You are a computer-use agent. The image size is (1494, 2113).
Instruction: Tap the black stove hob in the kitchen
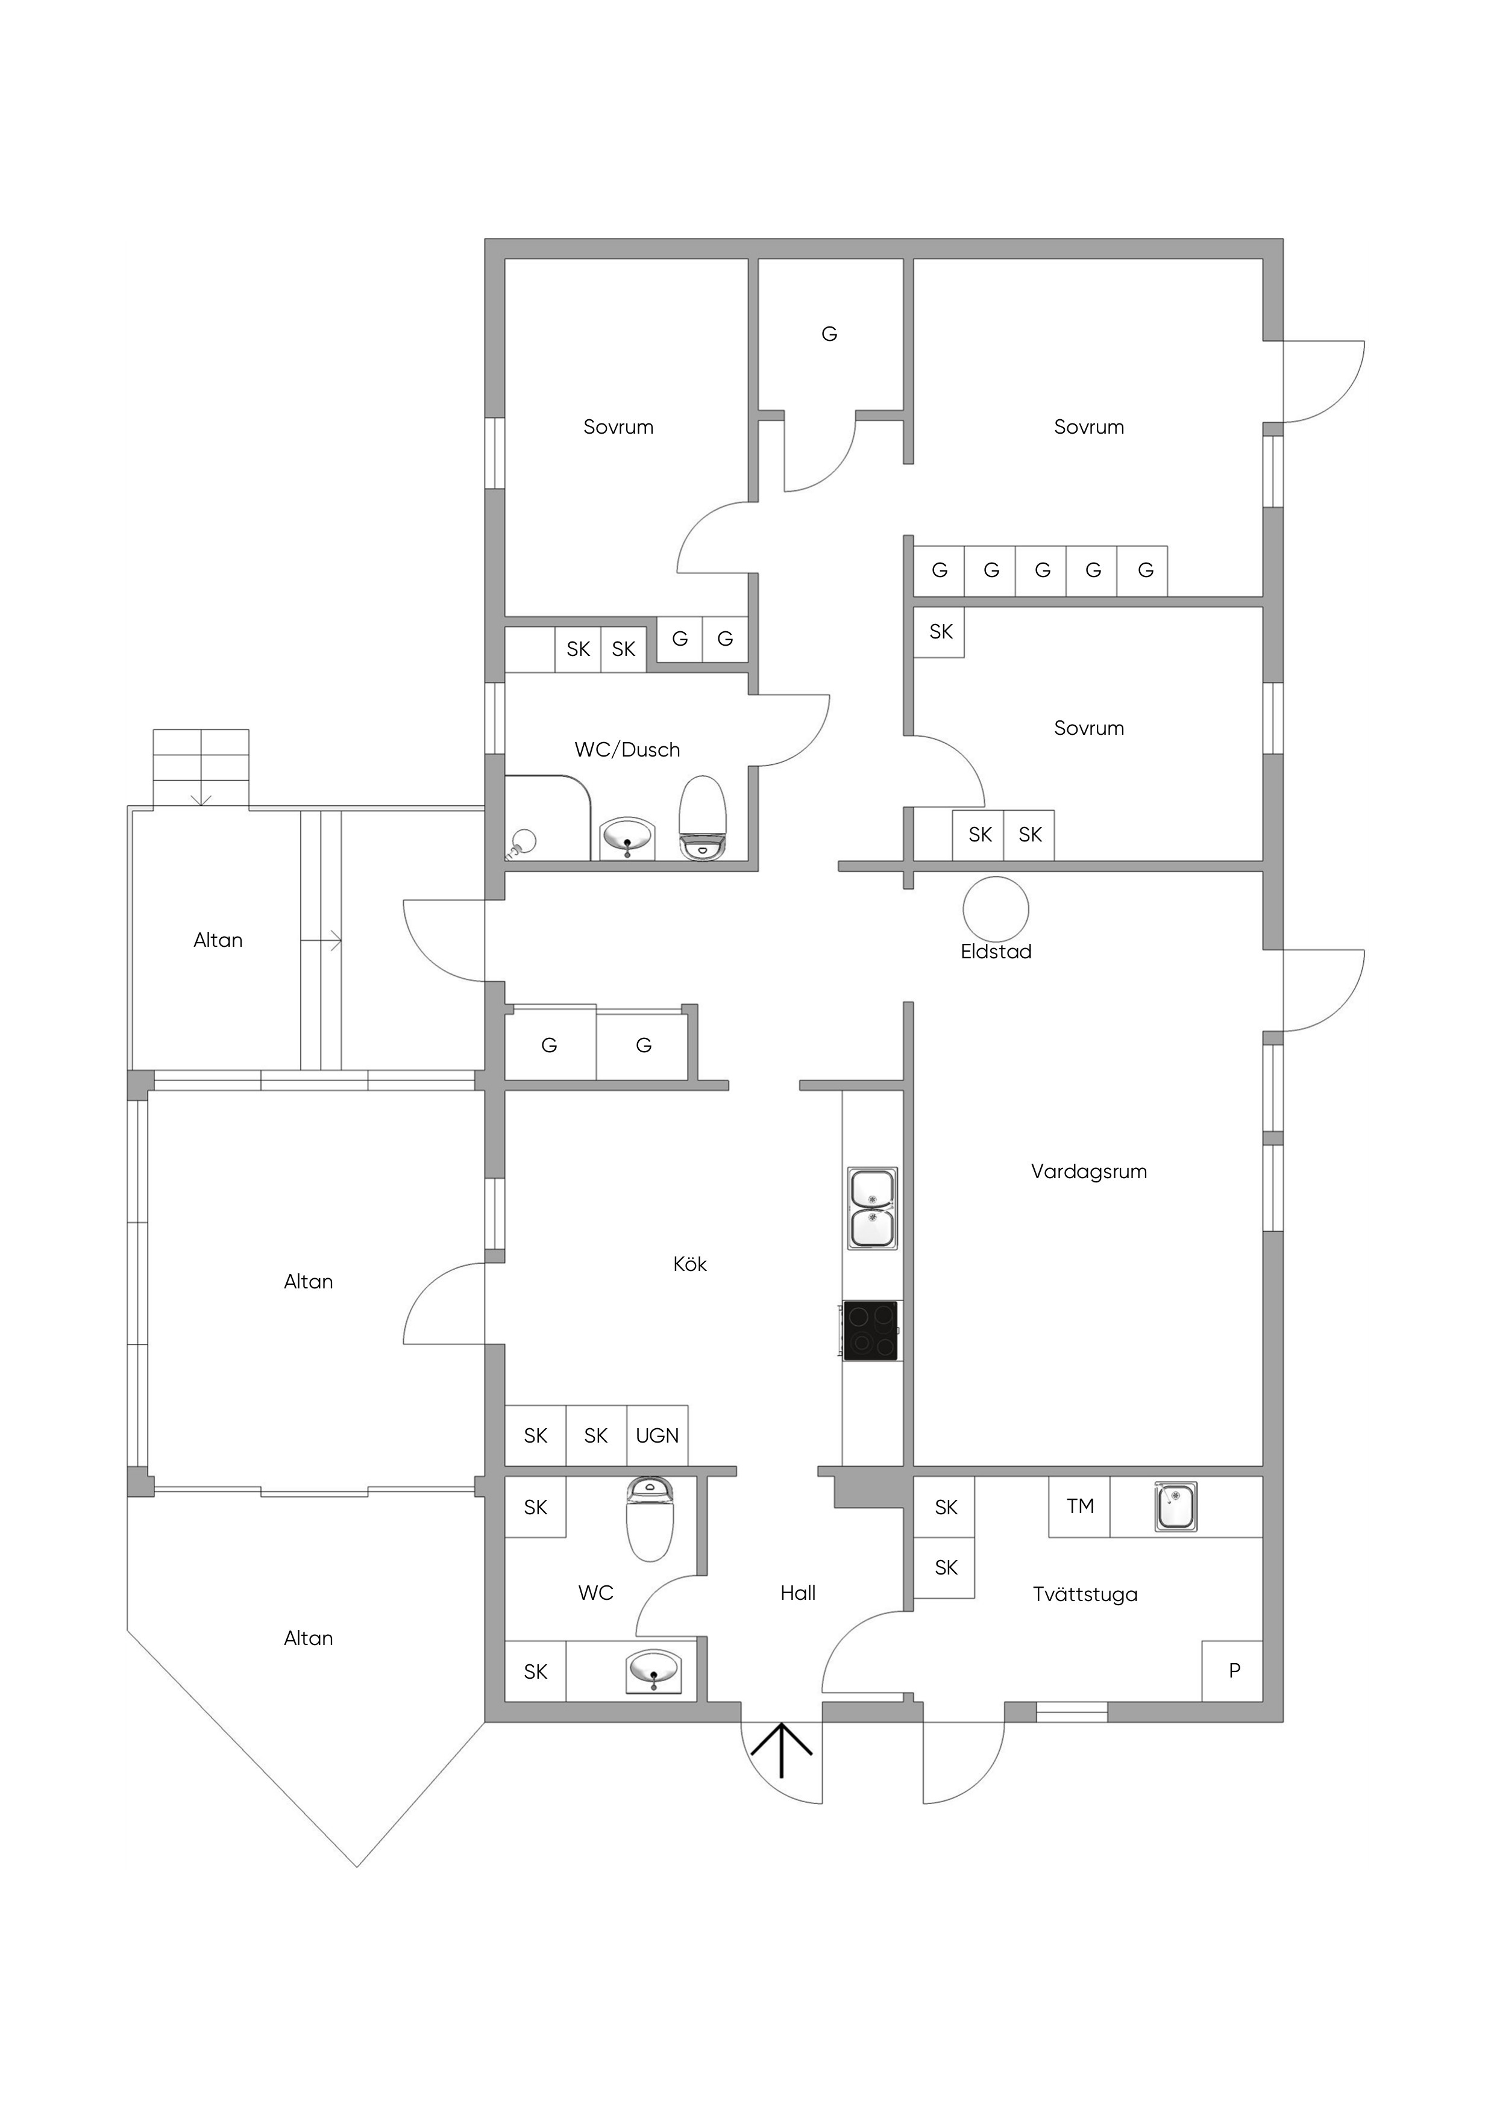pyautogui.click(x=871, y=1330)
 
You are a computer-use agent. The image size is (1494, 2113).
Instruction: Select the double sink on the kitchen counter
pyautogui.click(x=871, y=1208)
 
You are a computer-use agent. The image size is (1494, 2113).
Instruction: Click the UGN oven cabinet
pyautogui.click(x=658, y=1435)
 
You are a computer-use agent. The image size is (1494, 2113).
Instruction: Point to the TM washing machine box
pyautogui.click(x=1080, y=1506)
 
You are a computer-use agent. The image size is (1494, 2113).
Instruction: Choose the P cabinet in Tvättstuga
pyautogui.click(x=1234, y=1670)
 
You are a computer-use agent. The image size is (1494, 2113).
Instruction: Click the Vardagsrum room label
pyautogui.click(x=1089, y=1172)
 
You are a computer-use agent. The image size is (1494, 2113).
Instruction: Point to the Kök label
pyautogui.click(x=689, y=1264)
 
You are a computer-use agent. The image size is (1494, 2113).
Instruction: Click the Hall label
pyautogui.click(x=798, y=1593)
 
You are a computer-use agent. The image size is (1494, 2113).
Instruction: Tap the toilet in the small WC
pyautogui.click(x=650, y=1518)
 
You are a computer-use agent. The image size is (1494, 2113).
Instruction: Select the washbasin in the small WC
pyautogui.click(x=653, y=1670)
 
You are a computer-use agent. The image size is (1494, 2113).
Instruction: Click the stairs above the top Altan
pyautogui.click(x=201, y=767)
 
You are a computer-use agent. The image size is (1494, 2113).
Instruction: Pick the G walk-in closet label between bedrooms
pyautogui.click(x=829, y=334)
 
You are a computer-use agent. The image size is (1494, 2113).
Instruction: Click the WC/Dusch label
pyautogui.click(x=627, y=750)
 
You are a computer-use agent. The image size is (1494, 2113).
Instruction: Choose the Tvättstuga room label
pyautogui.click(x=1085, y=1595)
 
